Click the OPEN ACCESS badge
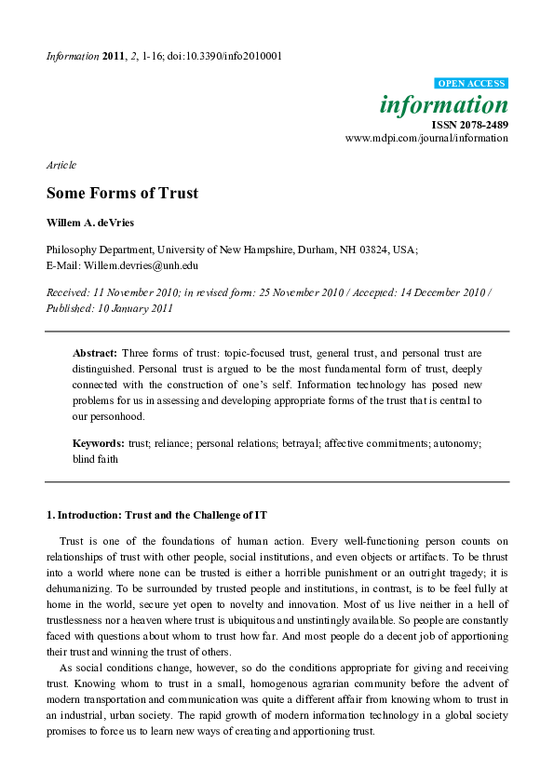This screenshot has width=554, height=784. tap(472, 84)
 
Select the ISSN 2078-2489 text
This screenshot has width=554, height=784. tap(470, 123)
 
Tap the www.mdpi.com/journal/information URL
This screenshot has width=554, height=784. tap(426, 138)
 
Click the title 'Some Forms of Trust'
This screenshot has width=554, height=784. tap(123, 194)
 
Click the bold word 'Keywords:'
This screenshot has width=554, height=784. tap(99, 444)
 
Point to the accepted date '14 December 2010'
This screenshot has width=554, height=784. tap(444, 292)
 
